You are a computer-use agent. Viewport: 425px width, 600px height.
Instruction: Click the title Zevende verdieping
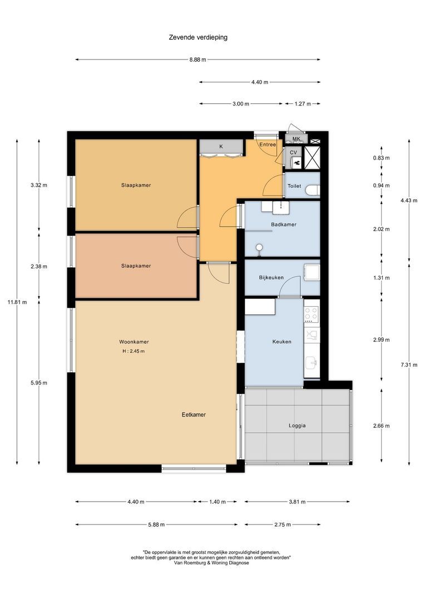point(198,38)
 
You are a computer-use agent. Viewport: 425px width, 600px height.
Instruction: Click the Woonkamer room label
point(134,342)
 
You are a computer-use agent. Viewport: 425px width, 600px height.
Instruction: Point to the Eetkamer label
point(194,414)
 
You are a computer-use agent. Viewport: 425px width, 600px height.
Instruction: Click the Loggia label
point(296,426)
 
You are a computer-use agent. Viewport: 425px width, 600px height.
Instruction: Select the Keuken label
point(281,342)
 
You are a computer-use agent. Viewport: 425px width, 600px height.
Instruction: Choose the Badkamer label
point(283,224)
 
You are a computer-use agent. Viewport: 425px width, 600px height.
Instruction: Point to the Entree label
point(268,144)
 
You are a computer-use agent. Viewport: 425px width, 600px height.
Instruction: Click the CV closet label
point(293,152)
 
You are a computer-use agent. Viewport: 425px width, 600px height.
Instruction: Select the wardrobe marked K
point(221,147)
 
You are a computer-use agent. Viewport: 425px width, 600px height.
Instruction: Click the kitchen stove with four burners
point(312,314)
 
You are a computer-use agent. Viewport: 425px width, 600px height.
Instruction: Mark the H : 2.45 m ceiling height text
point(134,351)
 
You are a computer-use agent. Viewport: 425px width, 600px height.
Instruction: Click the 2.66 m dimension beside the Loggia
point(381,426)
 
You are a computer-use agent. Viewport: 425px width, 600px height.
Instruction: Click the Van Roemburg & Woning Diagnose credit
point(212,562)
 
